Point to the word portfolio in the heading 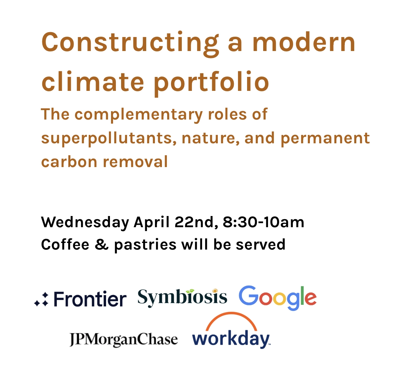(x=211, y=82)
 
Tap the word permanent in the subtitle (x=325, y=138)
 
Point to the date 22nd (x=196, y=222)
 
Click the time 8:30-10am (x=263, y=222)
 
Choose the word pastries (x=145, y=245)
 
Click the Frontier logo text (x=90, y=300)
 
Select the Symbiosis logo (x=182, y=297)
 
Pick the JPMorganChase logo (x=124, y=339)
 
